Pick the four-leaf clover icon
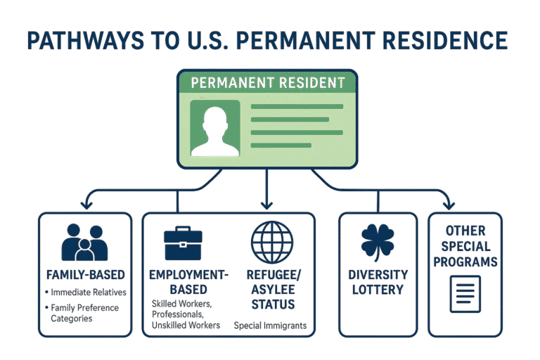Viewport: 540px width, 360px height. pos(378,242)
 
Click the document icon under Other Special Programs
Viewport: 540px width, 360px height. pos(465,295)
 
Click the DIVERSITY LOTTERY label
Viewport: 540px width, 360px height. pos(378,281)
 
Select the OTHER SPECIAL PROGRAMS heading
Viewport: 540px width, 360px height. pos(465,246)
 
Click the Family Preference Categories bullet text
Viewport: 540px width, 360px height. pos(84,313)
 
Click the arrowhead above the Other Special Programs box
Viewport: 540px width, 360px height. pos(447,205)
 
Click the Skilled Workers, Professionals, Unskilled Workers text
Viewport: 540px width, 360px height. pos(185,314)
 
